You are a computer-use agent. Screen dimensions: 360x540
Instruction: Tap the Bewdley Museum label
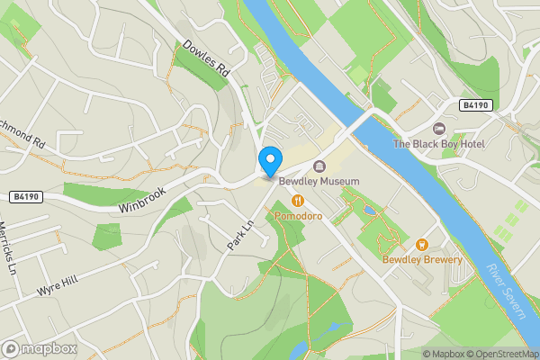(x=319, y=181)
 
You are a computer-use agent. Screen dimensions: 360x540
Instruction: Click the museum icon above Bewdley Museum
(x=319, y=166)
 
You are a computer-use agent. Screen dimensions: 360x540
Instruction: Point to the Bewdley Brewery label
(x=422, y=260)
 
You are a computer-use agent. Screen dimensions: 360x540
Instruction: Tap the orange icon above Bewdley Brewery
(x=421, y=245)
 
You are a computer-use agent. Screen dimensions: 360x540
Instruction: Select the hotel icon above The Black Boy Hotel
(x=439, y=129)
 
